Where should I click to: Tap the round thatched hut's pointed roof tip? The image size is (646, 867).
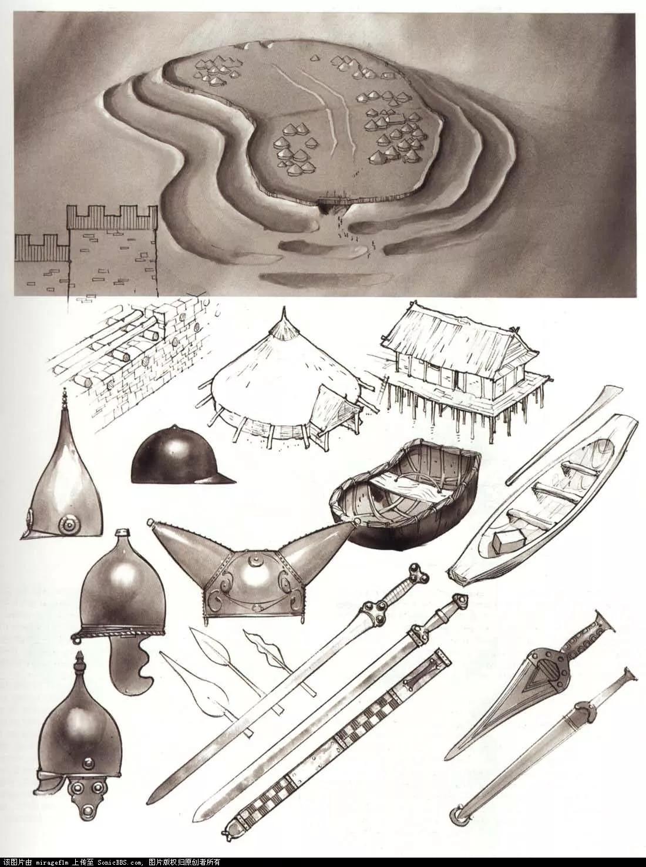[x=284, y=314]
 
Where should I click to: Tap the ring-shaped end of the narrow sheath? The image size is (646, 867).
[x=457, y=813]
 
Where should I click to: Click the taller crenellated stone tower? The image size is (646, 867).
[x=112, y=253]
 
